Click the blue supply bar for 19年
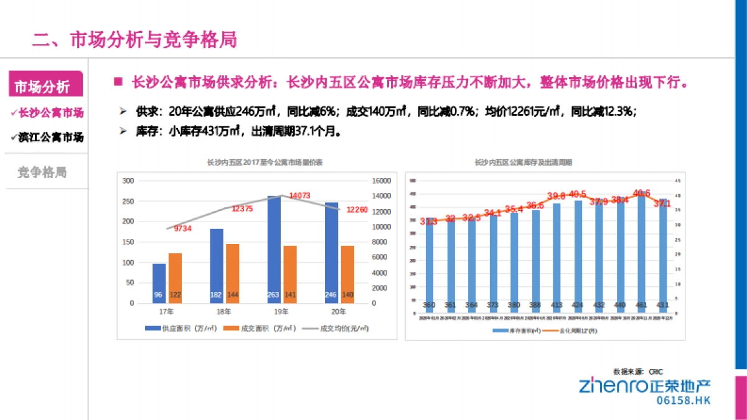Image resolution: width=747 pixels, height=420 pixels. point(274,249)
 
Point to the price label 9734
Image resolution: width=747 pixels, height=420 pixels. point(182,229)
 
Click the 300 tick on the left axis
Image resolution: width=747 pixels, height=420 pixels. point(128,181)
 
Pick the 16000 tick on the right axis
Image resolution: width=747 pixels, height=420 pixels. point(381,181)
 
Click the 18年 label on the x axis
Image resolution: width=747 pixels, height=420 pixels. point(223,312)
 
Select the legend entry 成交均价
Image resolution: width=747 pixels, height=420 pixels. point(336,329)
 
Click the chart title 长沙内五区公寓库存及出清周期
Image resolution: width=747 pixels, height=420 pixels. point(523,163)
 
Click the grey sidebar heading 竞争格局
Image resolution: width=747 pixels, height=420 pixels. point(42,172)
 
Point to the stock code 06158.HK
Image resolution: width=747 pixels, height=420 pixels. point(683,401)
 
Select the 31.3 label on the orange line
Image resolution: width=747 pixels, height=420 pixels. point(428,221)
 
